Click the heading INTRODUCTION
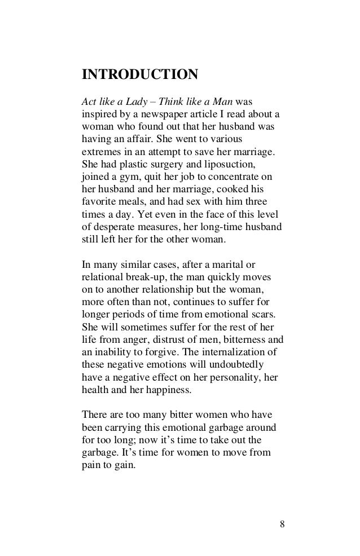140,74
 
